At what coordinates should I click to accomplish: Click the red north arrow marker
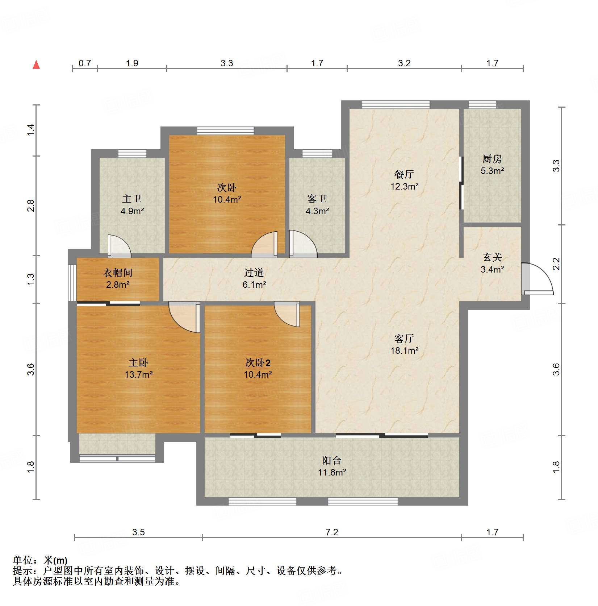pos(36,65)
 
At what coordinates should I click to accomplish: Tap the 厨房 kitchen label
pos(492,159)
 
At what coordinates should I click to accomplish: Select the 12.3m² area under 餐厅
pos(404,186)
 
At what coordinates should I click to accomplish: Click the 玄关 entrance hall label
pos(492,257)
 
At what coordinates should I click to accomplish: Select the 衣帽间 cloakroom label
pos(118,273)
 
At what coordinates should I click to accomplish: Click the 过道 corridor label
pos(254,273)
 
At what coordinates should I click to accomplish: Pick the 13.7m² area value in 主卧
pos(138,374)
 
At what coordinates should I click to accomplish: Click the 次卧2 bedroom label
pos(258,362)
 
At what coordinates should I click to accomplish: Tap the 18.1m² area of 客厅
pos(404,350)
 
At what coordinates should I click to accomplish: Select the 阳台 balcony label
pos(331,460)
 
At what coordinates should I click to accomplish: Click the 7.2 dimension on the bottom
pos(331,532)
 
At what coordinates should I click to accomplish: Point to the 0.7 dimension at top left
pos(85,63)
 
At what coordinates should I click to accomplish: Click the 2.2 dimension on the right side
pos(556,264)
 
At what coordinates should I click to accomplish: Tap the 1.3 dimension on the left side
pos(31,278)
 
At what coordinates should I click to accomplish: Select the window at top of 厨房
pos(482,105)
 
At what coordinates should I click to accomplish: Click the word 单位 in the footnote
pos(23,560)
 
